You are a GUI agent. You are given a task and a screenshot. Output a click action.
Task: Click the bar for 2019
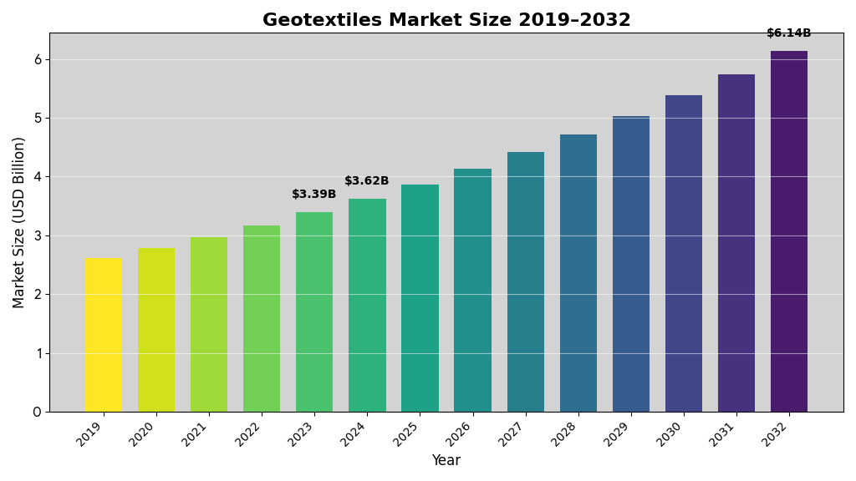(x=103, y=335)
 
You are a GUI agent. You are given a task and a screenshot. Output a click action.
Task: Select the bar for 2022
(x=262, y=318)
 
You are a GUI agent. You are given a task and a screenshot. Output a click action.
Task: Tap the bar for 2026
(x=472, y=290)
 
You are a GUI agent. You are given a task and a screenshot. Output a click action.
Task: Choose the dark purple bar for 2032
(x=789, y=231)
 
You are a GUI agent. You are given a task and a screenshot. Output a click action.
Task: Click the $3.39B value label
(x=314, y=195)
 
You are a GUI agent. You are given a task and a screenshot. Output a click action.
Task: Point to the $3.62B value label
(x=367, y=181)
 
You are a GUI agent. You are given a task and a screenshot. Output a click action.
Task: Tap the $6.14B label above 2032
(x=789, y=33)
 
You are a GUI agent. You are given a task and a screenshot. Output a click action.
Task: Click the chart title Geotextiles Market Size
(x=446, y=20)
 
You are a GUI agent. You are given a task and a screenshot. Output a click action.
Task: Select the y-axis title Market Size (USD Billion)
(x=19, y=222)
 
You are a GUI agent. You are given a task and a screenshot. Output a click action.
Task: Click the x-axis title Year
(x=446, y=460)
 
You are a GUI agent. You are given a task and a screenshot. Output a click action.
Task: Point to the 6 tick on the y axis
(x=38, y=59)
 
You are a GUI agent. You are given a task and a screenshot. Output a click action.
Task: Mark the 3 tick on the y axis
(x=38, y=235)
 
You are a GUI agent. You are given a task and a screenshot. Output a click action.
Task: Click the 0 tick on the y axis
(x=38, y=412)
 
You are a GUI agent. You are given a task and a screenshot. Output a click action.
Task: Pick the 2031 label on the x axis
(x=726, y=433)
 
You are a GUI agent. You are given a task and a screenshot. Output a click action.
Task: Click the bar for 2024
(x=367, y=305)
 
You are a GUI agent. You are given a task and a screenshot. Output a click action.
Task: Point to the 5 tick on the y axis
(x=38, y=118)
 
